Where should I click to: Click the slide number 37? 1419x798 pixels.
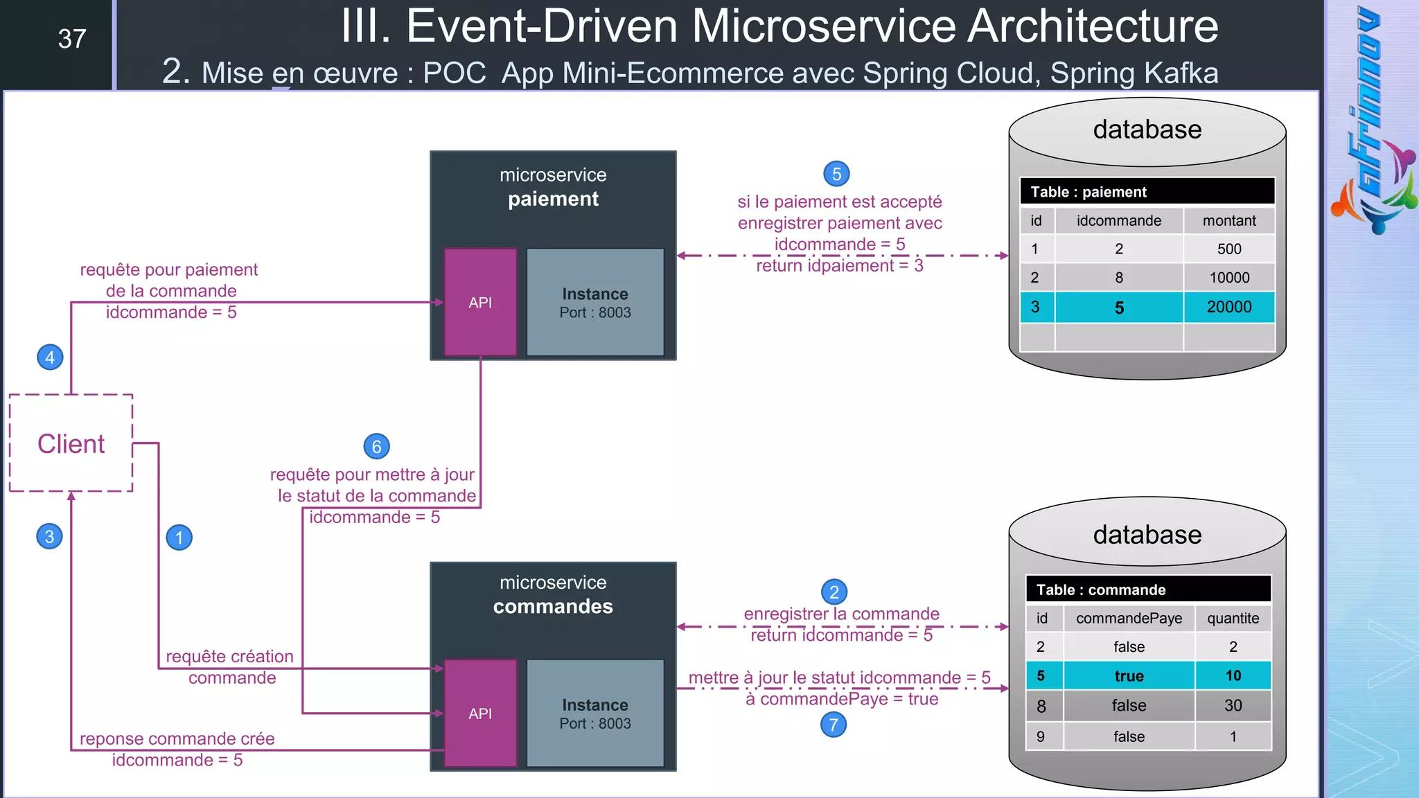tap(72, 39)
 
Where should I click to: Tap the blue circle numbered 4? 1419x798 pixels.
tap(50, 357)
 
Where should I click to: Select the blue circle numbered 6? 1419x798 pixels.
tap(376, 447)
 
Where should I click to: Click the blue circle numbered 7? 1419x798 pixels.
tap(834, 725)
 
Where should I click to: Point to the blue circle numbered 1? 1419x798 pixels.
tap(179, 538)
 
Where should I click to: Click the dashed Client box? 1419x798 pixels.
tap(71, 443)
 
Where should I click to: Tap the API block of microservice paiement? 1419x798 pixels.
tap(480, 302)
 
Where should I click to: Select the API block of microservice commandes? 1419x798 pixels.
tap(480, 713)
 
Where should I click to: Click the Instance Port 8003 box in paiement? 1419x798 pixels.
tap(595, 303)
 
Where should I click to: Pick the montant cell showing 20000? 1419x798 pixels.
tap(1228, 307)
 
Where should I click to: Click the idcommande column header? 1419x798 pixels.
tap(1118, 221)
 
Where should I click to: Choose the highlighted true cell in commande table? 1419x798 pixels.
tap(1129, 676)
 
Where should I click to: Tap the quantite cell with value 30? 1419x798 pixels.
tap(1233, 706)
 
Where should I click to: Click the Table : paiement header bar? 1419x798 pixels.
tap(1147, 192)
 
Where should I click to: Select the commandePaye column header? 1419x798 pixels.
tap(1129, 619)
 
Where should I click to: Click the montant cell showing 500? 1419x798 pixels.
tap(1228, 249)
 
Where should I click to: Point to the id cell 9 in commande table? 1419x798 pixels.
tap(1041, 737)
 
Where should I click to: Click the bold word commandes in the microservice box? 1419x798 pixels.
tap(553, 607)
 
